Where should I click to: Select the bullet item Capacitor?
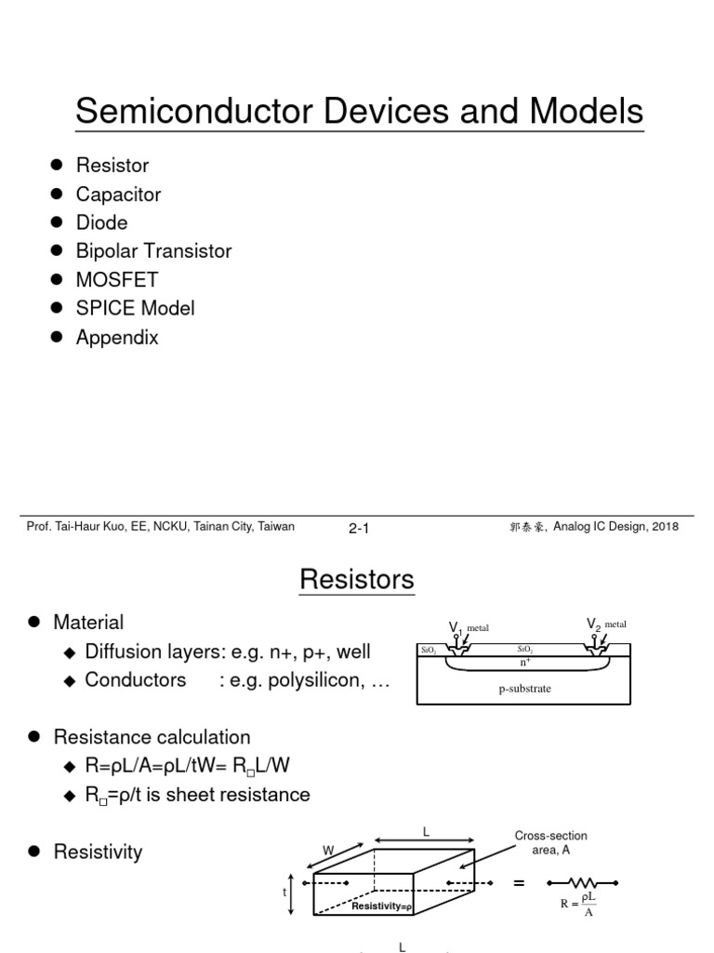[118, 195]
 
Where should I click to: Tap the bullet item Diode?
[101, 222]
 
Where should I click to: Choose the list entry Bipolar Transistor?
[153, 251]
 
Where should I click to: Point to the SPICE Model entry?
[135, 308]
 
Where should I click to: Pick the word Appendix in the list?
[117, 337]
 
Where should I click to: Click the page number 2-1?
[359, 529]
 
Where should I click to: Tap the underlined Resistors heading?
[357, 580]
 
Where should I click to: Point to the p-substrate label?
[525, 690]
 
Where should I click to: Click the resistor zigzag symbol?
[584, 882]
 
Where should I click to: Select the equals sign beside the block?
[519, 882]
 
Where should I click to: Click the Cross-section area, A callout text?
[550, 843]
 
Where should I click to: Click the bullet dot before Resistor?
[56, 165]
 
